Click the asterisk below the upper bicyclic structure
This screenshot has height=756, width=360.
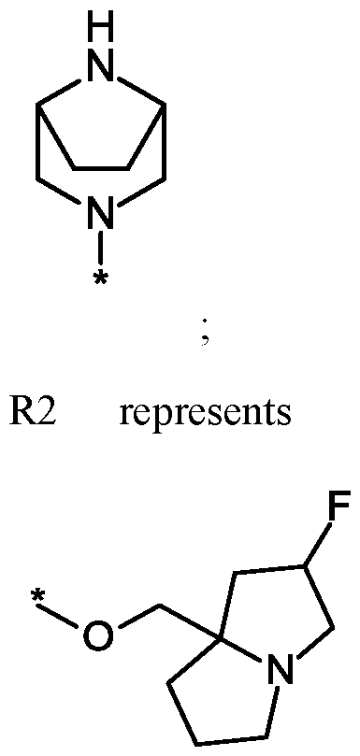click(x=103, y=278)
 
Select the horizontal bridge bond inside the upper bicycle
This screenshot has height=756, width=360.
click(x=103, y=171)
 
